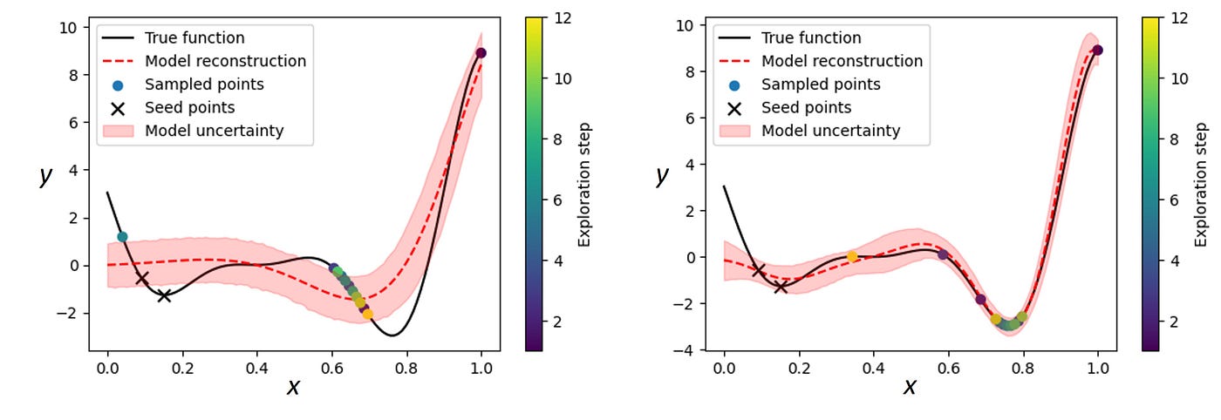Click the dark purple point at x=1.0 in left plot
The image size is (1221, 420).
point(481,53)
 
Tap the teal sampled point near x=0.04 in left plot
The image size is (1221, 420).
point(122,236)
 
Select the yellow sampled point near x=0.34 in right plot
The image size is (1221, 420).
point(852,256)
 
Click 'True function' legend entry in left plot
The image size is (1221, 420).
point(194,38)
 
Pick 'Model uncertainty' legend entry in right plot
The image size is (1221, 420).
point(830,131)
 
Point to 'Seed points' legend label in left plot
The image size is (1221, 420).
point(189,108)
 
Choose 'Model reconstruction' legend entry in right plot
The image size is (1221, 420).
point(842,61)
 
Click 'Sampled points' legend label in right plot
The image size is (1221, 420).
point(821,85)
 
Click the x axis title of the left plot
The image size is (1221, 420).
point(293,388)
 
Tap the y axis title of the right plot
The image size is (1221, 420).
point(662,175)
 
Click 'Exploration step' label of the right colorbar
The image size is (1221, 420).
point(1201,184)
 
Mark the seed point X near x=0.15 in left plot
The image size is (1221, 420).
point(164,295)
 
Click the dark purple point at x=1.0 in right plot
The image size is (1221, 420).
point(1097,51)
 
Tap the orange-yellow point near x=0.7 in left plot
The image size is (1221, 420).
point(367,314)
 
